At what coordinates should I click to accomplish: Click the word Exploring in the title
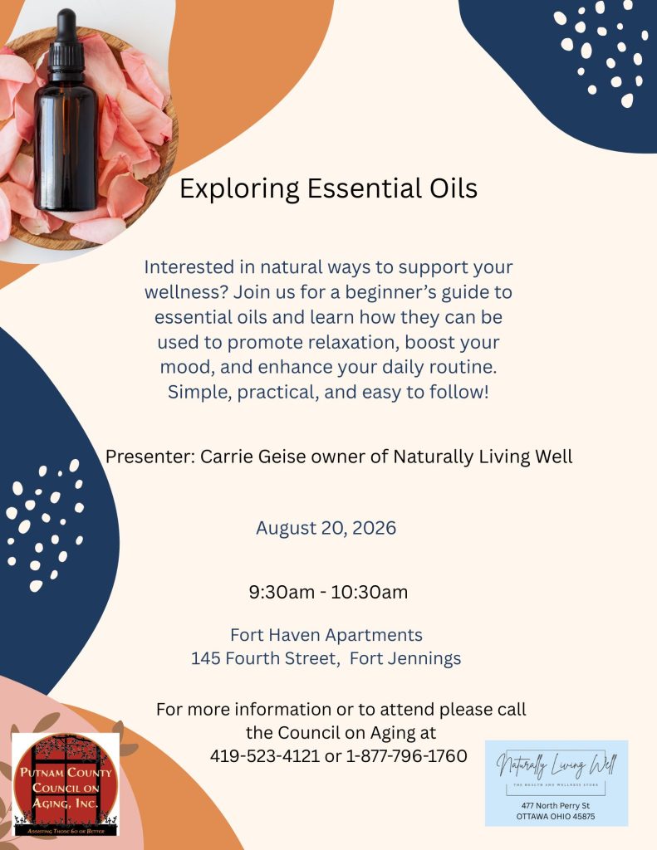[x=239, y=189]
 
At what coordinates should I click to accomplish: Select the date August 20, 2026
[x=326, y=528]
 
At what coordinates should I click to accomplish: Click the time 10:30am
[x=370, y=592]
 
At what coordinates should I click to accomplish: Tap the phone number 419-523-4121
[x=265, y=755]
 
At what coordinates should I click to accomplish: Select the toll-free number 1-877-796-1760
[x=406, y=755]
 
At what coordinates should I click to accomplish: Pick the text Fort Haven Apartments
[x=326, y=635]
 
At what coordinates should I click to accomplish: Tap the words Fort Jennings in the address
[x=405, y=658]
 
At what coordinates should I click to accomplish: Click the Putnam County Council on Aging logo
[x=65, y=784]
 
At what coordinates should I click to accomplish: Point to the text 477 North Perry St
[x=556, y=805]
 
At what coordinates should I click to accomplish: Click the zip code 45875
[x=583, y=817]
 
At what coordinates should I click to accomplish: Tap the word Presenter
[x=150, y=457]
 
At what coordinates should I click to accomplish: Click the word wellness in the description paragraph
[x=185, y=292]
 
